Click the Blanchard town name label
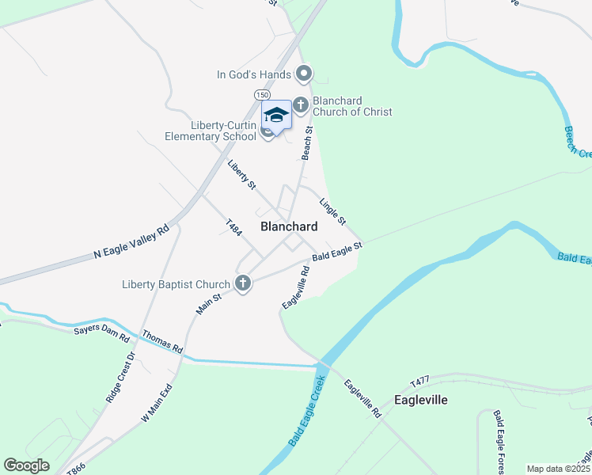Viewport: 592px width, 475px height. click(289, 226)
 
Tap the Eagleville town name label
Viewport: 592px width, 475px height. click(421, 400)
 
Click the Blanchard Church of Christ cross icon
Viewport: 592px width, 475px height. click(301, 104)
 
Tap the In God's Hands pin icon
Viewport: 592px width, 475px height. click(304, 74)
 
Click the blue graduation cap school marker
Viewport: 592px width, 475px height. click(276, 115)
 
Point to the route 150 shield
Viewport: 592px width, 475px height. click(262, 95)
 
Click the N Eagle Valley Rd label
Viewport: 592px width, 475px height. click(131, 242)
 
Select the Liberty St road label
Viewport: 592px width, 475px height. click(241, 175)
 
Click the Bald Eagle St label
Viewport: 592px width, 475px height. click(336, 252)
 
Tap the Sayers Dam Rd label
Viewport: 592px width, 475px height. click(101, 332)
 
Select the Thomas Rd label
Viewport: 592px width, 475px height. click(162, 342)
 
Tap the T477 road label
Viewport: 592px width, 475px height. click(420, 382)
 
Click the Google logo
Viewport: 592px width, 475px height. click(27, 465)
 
